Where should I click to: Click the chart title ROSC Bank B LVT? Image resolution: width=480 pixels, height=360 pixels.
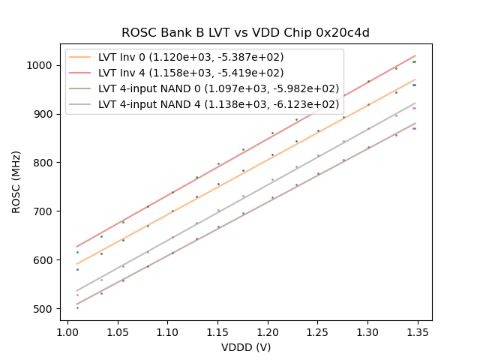(245, 33)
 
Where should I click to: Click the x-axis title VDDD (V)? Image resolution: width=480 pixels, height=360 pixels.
(245, 347)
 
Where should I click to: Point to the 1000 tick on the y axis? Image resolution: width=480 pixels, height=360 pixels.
(41, 65)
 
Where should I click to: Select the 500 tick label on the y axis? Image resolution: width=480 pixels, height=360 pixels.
(44, 308)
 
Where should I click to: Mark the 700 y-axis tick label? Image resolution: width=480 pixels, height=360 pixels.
(44, 211)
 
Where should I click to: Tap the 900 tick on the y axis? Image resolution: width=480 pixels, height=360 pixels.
(44, 114)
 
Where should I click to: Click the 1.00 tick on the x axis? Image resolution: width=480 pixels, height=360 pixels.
(67, 328)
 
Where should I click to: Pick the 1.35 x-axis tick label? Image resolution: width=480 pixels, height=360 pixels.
(417, 328)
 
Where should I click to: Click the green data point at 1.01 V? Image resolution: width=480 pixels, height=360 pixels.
(77, 252)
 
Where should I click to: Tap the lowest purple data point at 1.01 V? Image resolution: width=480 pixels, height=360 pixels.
(77, 307)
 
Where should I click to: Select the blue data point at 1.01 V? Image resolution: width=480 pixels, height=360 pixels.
(77, 269)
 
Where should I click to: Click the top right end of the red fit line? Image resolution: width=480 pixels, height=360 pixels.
(415, 55)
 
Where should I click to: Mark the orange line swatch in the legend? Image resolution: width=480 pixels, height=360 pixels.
(81, 58)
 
